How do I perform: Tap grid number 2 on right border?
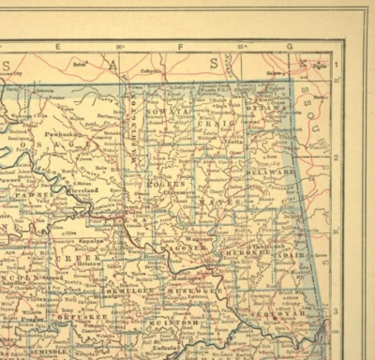pos(335,157)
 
